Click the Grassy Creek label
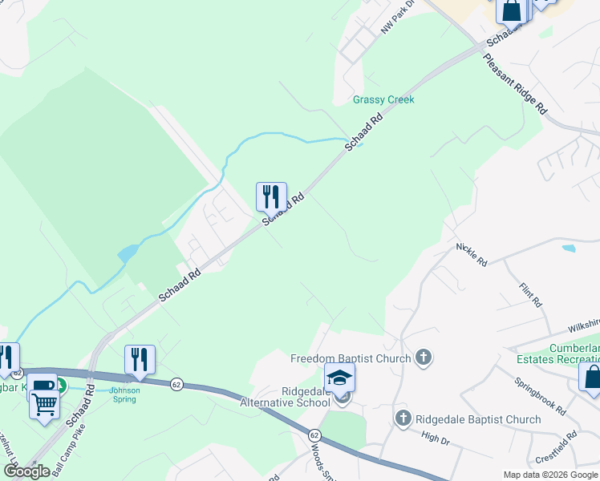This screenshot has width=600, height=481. (x=383, y=100)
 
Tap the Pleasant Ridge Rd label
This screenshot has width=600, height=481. (x=514, y=83)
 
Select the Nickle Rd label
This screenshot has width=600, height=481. (x=471, y=254)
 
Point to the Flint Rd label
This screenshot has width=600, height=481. (x=531, y=295)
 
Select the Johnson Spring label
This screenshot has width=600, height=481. (x=124, y=395)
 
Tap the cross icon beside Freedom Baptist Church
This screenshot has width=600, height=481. (x=424, y=358)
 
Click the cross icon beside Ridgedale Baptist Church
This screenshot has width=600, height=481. (x=403, y=418)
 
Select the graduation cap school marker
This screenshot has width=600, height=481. (x=339, y=377)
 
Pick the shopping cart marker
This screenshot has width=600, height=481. (x=44, y=403)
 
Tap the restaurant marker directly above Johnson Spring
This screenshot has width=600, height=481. (x=140, y=359)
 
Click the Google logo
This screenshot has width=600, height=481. (x=26, y=471)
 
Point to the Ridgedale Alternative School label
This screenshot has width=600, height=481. (x=286, y=396)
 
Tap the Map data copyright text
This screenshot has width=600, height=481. (x=550, y=475)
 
